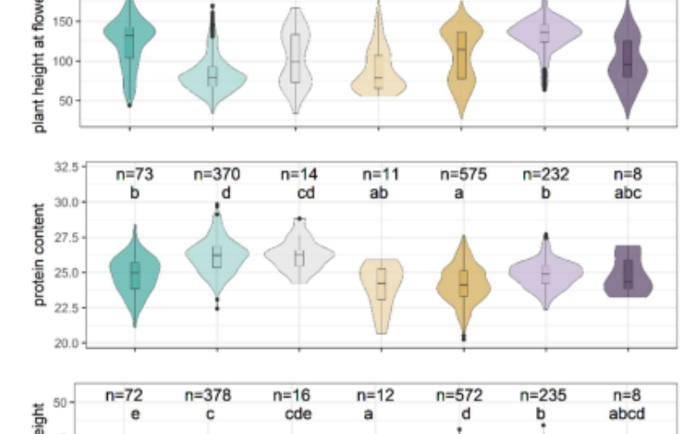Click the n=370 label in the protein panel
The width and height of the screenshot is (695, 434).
point(212,174)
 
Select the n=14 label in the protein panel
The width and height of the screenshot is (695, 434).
point(298,174)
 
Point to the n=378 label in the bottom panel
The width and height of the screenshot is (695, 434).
point(208,396)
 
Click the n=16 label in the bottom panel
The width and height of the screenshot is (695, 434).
point(298,396)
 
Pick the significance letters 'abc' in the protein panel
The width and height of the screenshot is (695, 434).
point(626,193)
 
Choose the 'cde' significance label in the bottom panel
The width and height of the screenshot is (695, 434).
point(298,414)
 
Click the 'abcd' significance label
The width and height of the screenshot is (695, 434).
point(626,414)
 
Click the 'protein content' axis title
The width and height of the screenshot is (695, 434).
point(39,255)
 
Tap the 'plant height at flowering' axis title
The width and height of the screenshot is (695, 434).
point(39,69)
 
